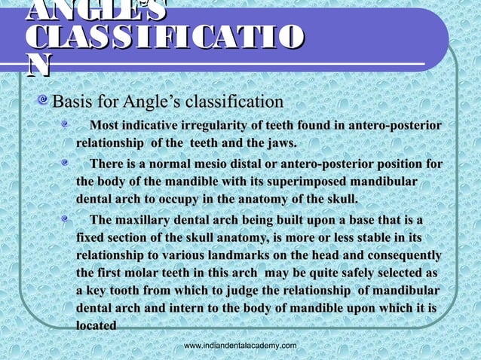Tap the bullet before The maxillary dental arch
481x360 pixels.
point(66,218)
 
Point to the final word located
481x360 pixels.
point(97,327)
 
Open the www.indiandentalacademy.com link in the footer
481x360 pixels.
point(240,345)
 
